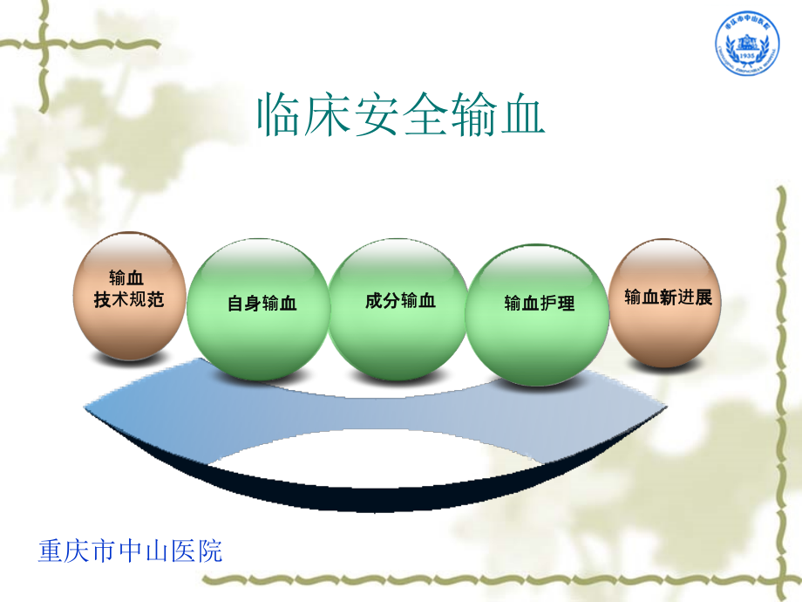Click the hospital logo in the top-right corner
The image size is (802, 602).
(746, 48)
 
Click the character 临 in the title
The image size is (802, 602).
(278, 114)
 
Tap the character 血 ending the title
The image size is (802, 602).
(522, 114)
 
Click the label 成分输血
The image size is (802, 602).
(400, 301)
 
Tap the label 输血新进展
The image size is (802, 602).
(668, 298)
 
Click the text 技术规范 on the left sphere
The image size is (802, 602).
(128, 300)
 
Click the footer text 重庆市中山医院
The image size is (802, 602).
(131, 551)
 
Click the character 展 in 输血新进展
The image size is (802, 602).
(703, 298)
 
